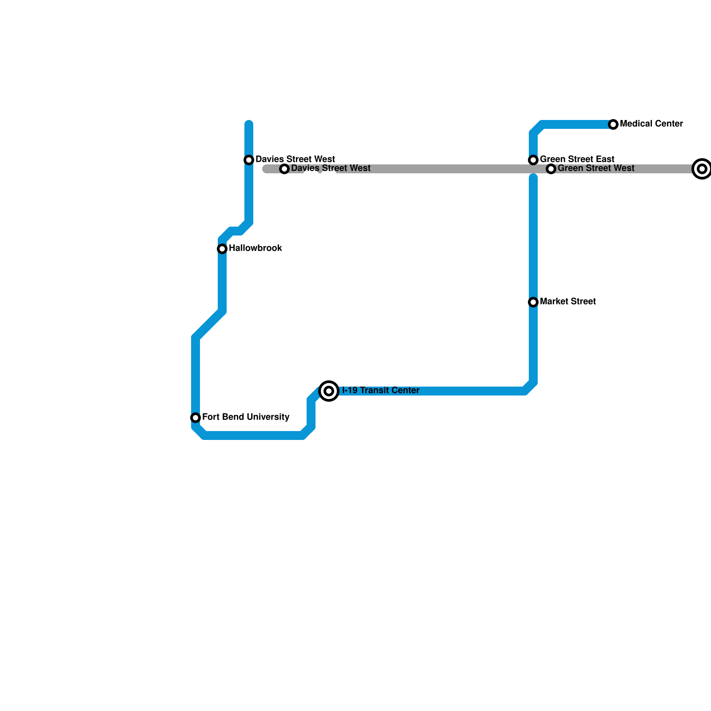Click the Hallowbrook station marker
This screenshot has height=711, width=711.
pyautogui.click(x=222, y=249)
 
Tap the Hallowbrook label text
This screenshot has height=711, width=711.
pyautogui.click(x=255, y=248)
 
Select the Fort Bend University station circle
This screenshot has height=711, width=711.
pyautogui.click(x=196, y=418)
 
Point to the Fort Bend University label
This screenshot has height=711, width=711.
pyautogui.click(x=245, y=417)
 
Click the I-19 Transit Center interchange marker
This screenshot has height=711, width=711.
pyautogui.click(x=329, y=391)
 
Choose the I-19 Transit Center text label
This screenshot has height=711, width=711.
pyautogui.click(x=380, y=390)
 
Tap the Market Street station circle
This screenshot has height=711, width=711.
pyautogui.click(x=533, y=302)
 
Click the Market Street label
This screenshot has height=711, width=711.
pyautogui.click(x=567, y=301)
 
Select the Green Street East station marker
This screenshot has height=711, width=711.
pyautogui.click(x=533, y=160)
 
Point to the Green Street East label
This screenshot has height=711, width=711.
pyautogui.click(x=577, y=159)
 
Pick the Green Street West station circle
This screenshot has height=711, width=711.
pyautogui.click(x=551, y=169)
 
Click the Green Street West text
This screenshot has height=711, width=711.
pyautogui.click(x=595, y=168)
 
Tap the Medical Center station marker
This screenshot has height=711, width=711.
pyautogui.click(x=613, y=124)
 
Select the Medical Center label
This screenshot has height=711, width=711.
pyautogui.click(x=651, y=124)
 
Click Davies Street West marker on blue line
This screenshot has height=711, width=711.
pyautogui.click(x=249, y=160)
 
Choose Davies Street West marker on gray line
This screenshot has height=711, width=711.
pyautogui.click(x=284, y=169)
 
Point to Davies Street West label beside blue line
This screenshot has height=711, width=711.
pyautogui.click(x=295, y=159)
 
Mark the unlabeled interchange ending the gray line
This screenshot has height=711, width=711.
pyautogui.click(x=702, y=169)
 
